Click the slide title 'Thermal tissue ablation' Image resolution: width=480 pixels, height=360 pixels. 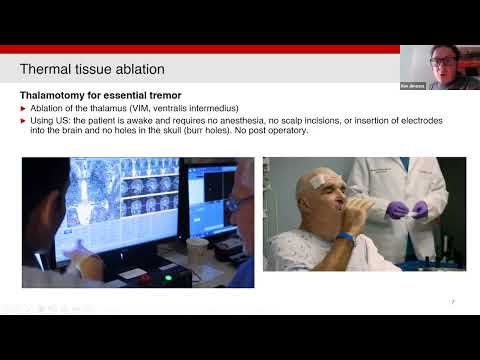coord(92,69)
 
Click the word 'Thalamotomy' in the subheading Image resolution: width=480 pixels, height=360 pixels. coord(52,94)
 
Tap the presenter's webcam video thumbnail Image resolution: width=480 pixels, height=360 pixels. coord(439,68)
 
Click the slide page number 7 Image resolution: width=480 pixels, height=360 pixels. coord(453,301)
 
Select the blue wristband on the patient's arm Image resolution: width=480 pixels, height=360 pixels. coord(346,238)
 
